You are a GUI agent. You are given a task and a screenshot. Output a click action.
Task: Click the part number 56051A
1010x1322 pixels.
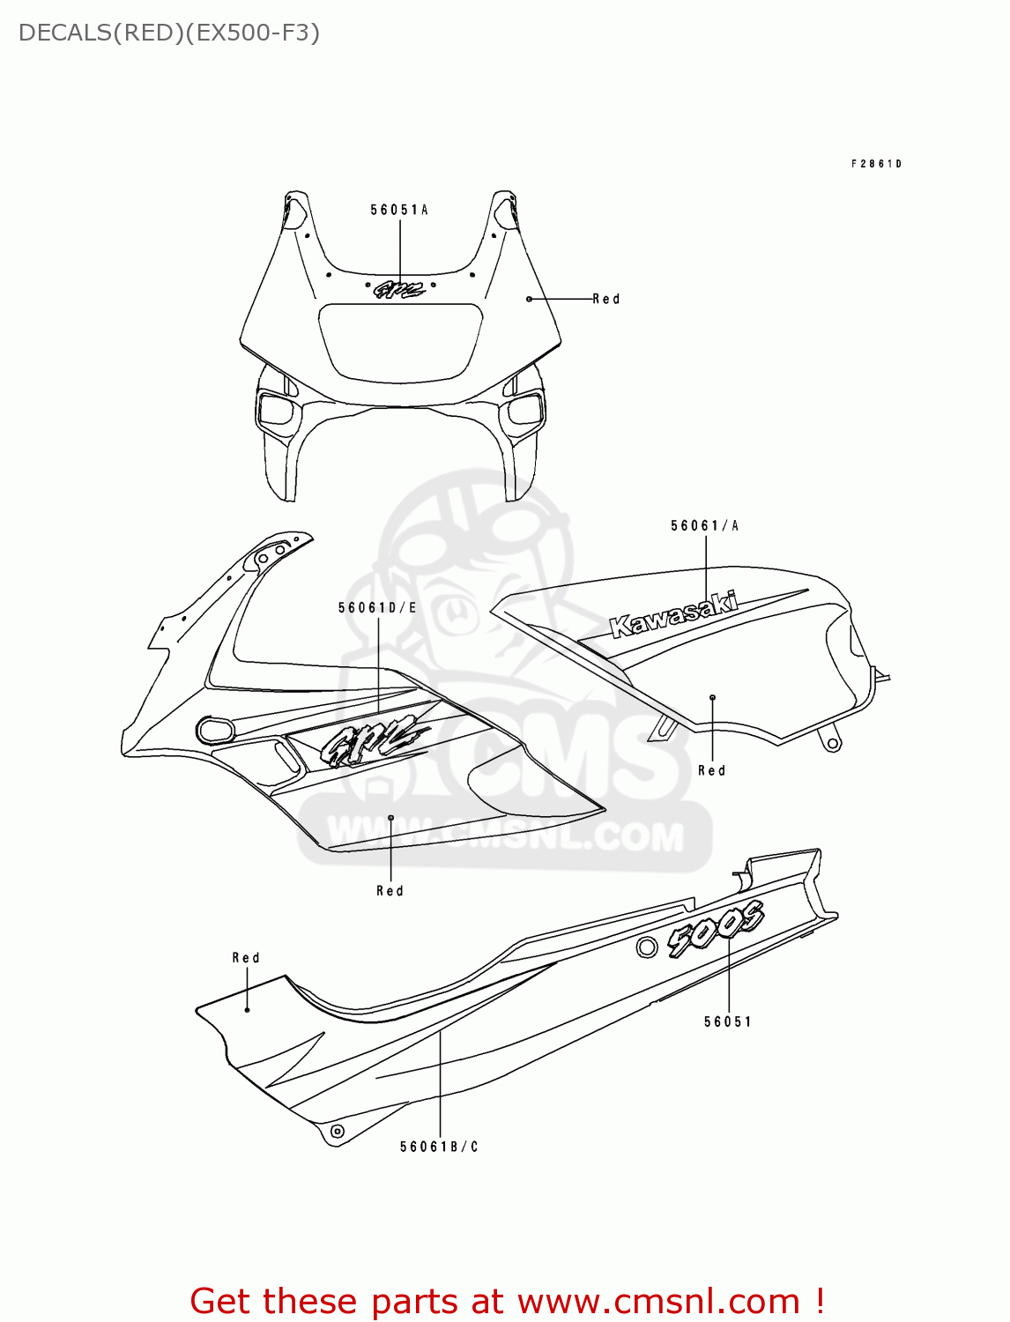coord(398,210)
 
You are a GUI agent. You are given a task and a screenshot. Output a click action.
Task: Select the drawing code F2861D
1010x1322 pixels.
coord(876,164)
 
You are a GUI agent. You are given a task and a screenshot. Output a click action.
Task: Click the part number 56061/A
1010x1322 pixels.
coord(704,525)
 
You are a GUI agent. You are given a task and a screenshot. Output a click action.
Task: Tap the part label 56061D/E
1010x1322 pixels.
coord(377,607)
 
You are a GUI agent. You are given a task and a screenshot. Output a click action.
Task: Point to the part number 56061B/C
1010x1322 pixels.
coord(439,1147)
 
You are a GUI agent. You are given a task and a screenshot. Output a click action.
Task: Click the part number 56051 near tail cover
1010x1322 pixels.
coord(728,1021)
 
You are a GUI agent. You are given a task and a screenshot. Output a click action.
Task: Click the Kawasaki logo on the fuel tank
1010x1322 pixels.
coord(674,614)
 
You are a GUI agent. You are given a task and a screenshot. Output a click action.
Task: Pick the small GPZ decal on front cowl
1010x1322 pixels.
coord(399,289)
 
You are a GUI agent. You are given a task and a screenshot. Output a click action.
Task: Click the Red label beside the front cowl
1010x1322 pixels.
coord(606,299)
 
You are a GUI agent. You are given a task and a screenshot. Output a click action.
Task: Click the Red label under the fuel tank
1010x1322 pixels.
coord(711,770)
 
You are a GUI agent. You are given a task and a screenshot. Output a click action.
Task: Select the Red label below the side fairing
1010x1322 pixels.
coord(390,891)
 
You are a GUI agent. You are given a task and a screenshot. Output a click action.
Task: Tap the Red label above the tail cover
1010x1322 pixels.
coord(246,957)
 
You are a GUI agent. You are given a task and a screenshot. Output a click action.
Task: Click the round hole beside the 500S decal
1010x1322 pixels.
coord(646,947)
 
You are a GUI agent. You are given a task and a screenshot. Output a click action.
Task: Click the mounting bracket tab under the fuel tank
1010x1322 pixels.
coord(830,739)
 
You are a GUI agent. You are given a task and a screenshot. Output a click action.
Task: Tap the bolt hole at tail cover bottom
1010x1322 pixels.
coord(336,1131)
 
